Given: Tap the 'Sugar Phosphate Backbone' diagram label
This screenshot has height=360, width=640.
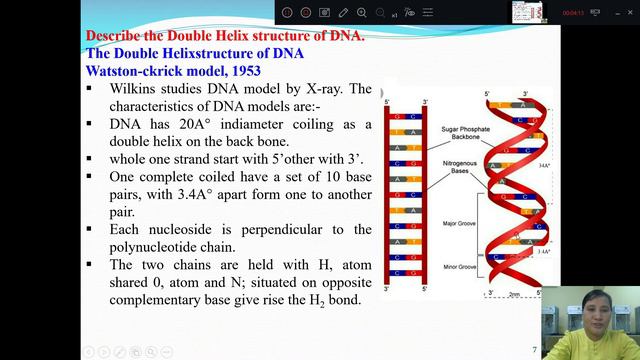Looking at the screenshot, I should point(462,135).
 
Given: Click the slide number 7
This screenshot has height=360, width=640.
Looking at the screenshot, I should point(534,350).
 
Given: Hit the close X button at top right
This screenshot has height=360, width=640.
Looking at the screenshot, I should point(628,11).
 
